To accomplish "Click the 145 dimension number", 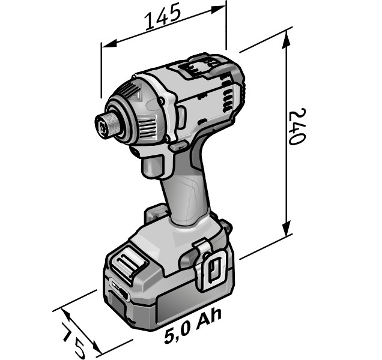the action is (x=163, y=17).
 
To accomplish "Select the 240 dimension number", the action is (x=297, y=127).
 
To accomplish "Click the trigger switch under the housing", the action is (x=152, y=166).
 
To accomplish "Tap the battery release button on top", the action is (x=129, y=265).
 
